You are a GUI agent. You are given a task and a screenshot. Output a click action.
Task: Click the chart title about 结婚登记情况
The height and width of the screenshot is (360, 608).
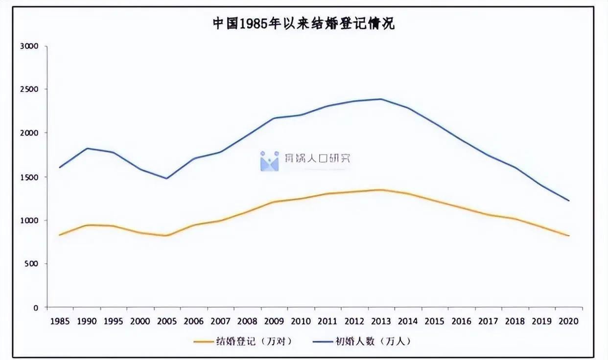click(304, 23)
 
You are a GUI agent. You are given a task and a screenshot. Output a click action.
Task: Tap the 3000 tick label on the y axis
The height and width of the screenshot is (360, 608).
click(29, 46)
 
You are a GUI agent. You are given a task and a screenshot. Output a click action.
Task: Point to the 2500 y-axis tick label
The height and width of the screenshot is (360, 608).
click(29, 90)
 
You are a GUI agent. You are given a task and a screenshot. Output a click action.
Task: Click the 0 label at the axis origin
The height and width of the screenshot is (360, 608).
click(36, 308)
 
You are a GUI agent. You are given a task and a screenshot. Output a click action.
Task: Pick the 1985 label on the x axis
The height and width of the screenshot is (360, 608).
click(60, 321)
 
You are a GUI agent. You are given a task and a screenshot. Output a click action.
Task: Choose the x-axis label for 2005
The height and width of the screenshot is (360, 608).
click(167, 321)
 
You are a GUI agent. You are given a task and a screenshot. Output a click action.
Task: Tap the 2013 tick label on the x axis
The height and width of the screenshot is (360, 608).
click(381, 321)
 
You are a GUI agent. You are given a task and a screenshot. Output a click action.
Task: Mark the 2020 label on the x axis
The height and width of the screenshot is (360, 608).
click(569, 321)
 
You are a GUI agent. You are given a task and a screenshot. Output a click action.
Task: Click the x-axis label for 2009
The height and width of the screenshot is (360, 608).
click(274, 321)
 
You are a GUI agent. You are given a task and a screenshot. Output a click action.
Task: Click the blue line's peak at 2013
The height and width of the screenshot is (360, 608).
click(381, 99)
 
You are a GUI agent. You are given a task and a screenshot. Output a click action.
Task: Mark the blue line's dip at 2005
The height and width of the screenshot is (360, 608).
click(167, 178)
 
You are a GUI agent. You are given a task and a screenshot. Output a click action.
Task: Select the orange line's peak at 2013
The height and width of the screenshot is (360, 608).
click(381, 190)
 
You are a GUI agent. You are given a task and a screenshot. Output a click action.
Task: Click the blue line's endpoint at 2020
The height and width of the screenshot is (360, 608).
click(569, 201)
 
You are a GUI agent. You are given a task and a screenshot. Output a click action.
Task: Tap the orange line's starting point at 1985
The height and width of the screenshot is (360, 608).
click(60, 235)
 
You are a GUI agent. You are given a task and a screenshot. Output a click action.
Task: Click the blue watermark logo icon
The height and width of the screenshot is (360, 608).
click(269, 161)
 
